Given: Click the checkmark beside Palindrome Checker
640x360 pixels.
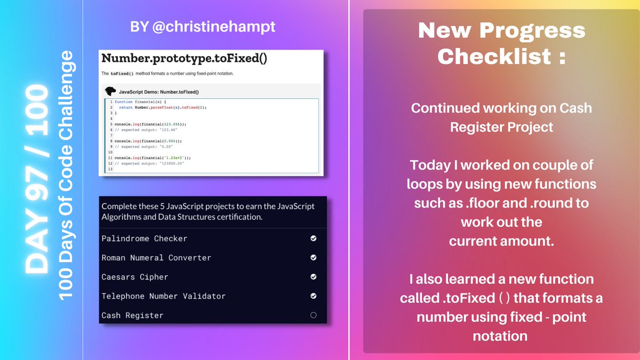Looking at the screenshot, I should [313, 238].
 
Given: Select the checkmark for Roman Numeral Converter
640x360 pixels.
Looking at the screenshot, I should [313, 258].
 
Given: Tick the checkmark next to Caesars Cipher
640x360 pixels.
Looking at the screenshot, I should [313, 277].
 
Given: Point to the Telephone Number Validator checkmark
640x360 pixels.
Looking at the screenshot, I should [313, 296].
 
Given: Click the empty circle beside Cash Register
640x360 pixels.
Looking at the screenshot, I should [313, 315].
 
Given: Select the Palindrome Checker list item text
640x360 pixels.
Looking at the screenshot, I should [144, 238].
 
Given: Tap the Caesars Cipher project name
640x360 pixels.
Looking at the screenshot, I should [134, 277].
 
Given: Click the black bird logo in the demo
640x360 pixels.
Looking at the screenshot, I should [110, 92].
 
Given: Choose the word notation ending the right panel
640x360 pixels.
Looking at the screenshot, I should [500, 336].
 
